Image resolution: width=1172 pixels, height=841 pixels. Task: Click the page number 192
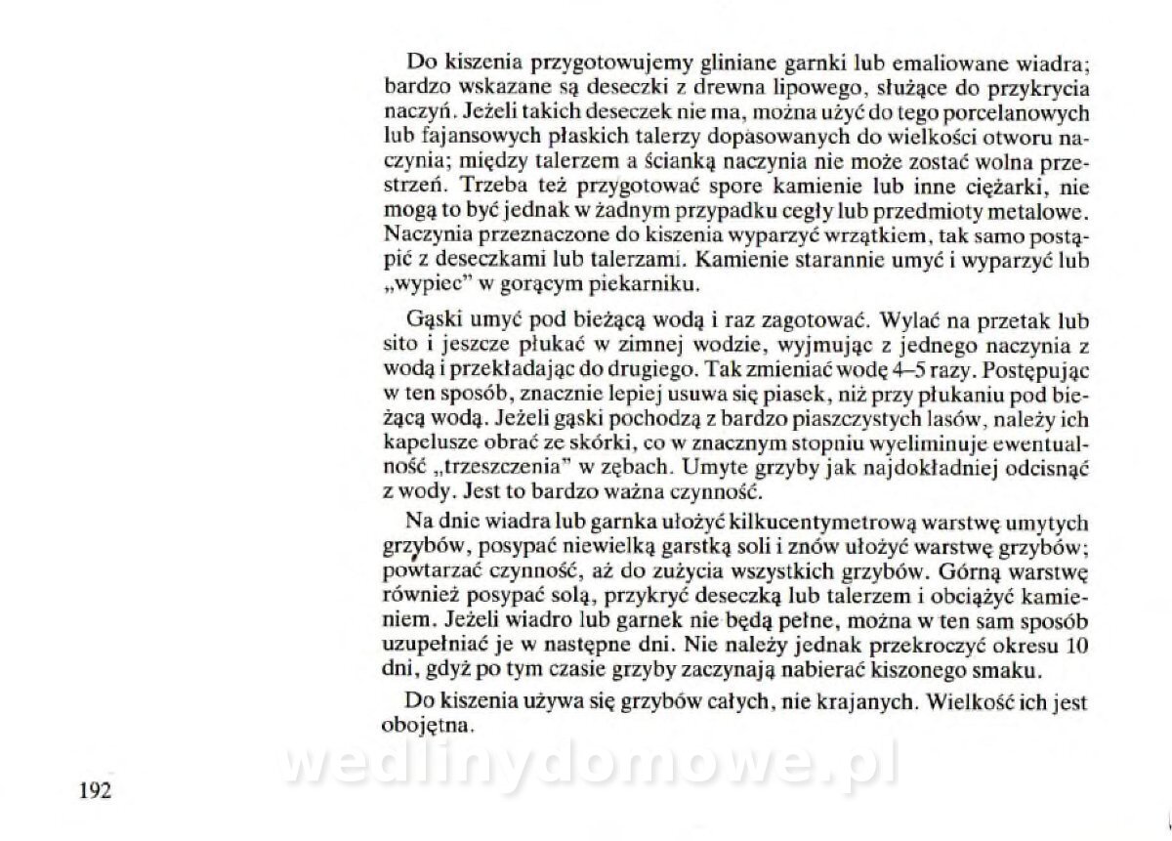pos(95,790)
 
